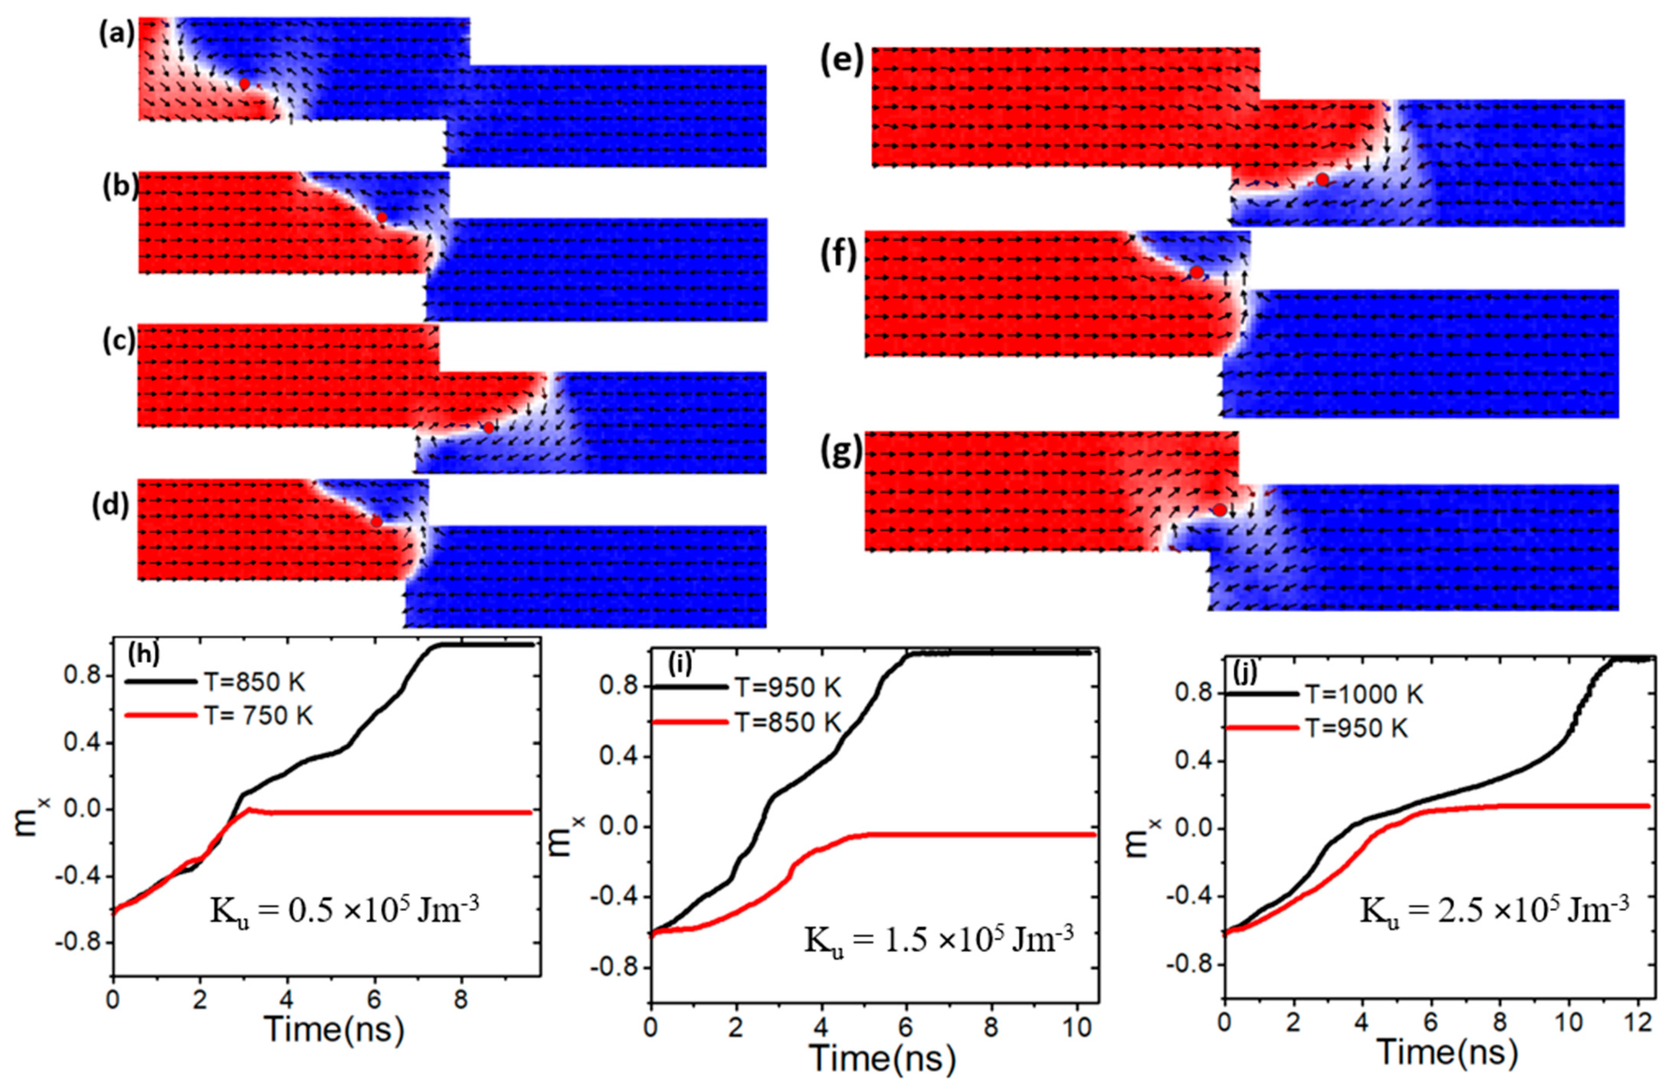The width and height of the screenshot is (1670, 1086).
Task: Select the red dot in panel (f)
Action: pos(1197,271)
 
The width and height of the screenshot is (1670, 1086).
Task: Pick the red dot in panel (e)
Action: pos(1322,180)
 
